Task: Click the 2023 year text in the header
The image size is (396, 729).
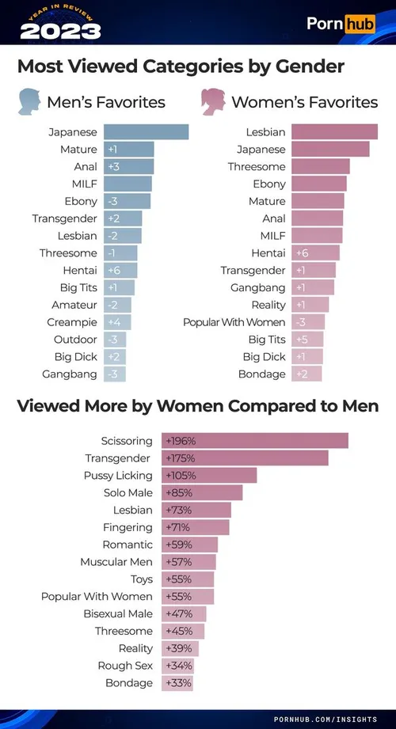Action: (60, 32)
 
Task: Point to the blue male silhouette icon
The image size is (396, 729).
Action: (29, 102)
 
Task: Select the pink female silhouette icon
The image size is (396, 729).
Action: (213, 102)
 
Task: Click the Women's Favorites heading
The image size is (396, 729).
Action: (304, 102)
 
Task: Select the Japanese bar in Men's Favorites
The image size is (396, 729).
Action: (146, 132)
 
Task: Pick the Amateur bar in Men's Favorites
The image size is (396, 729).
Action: (117, 305)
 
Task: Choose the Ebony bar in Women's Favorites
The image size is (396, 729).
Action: (318, 184)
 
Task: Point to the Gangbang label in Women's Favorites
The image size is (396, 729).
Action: (258, 287)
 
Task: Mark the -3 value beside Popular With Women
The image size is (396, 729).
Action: (300, 322)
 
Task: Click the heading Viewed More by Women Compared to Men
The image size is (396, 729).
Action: (198, 406)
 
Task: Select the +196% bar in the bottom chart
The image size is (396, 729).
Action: (255, 441)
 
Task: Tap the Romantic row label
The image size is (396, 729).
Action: (128, 545)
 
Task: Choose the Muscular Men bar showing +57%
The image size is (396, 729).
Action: (188, 562)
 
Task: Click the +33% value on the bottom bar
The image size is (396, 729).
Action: (178, 682)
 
